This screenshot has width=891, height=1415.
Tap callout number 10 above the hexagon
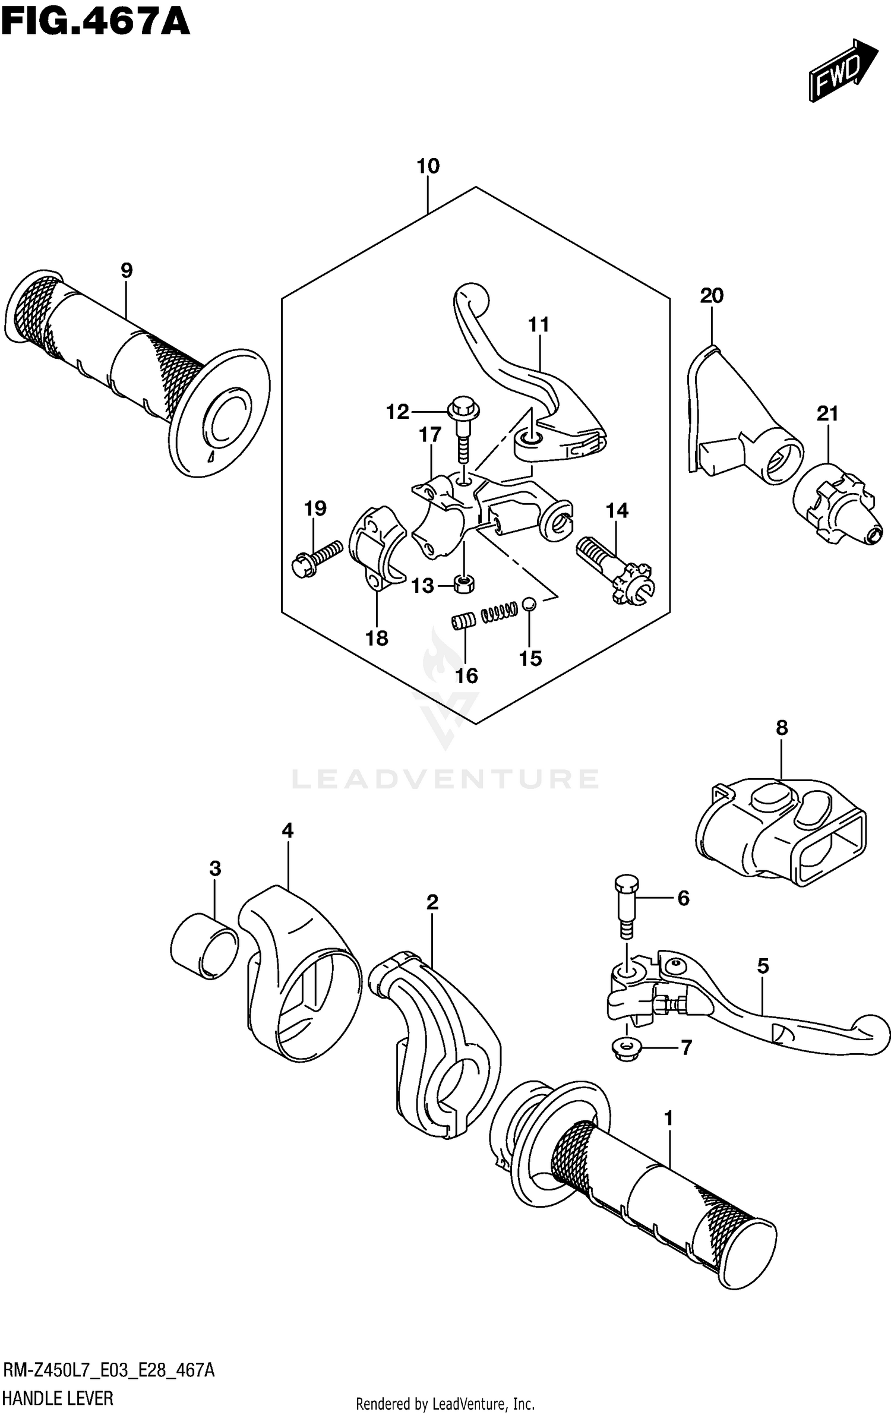click(x=428, y=166)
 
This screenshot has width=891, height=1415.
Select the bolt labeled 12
click(x=462, y=428)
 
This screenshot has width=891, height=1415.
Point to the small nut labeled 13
click(x=464, y=584)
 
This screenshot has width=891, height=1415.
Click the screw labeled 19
click(x=317, y=558)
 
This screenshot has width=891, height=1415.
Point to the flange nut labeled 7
click(x=627, y=1048)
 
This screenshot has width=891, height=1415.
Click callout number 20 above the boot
click(x=712, y=295)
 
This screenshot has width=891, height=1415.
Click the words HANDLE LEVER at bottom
click(x=58, y=1398)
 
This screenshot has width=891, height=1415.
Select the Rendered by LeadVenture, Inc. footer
click(x=445, y=1404)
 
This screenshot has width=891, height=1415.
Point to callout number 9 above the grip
click(x=127, y=271)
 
